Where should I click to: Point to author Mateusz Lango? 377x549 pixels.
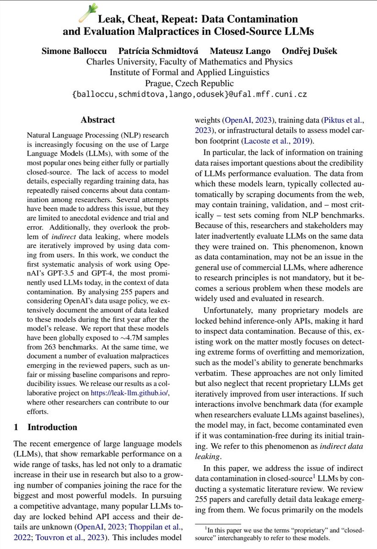tap(234, 51)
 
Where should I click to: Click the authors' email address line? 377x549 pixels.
tap(188, 95)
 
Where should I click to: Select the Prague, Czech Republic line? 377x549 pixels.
tap(188, 83)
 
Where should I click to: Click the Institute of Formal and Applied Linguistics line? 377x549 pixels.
tap(188, 72)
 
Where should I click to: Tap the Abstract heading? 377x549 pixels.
tap(97, 120)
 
